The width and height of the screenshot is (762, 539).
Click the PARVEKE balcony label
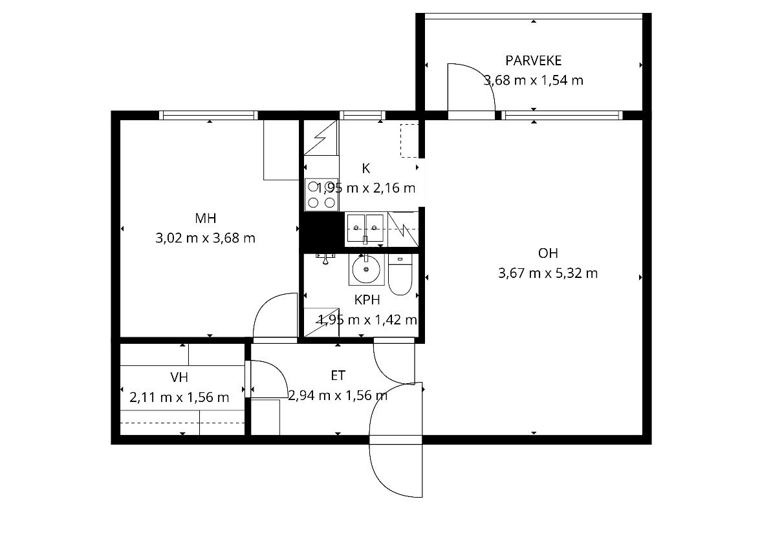coord(533,61)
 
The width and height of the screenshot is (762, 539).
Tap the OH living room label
coord(548,253)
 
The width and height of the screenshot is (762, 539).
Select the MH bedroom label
coord(205,218)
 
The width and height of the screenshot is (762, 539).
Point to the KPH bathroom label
coord(367,300)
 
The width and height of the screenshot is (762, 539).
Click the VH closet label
coord(179,377)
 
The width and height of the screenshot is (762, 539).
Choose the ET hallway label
coord(338,375)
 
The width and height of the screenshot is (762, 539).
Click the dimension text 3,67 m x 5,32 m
coord(548,273)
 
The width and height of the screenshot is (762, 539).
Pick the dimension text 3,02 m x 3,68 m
coord(205,238)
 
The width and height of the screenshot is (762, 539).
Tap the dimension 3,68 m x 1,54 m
coord(533,80)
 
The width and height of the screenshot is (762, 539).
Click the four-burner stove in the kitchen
coord(321,195)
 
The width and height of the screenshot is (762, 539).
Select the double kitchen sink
coord(365,228)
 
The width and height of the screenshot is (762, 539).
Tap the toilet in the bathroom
coord(400,275)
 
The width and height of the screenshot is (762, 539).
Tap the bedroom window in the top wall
coord(209,115)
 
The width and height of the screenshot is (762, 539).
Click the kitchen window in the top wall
coord(362,115)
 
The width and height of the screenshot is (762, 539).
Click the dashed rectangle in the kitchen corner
coord(409,141)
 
